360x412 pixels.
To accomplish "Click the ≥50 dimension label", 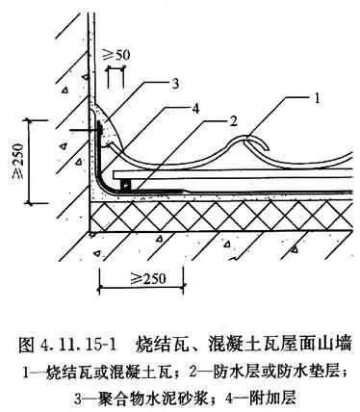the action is click(116, 55).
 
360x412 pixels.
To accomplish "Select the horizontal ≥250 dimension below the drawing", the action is click(148, 278).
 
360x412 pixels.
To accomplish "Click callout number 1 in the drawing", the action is click(317, 98).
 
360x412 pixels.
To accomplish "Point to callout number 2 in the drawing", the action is click(233, 121).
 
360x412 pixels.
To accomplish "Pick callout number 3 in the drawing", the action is click(175, 84).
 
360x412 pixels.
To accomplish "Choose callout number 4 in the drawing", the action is click(194, 109).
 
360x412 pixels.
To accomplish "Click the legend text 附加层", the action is click(274, 399).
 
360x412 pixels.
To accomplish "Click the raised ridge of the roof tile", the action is click(244, 139).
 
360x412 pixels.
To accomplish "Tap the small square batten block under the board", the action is click(125, 186).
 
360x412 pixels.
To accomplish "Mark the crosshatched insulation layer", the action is click(221, 217).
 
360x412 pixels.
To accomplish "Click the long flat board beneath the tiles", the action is click(233, 174).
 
